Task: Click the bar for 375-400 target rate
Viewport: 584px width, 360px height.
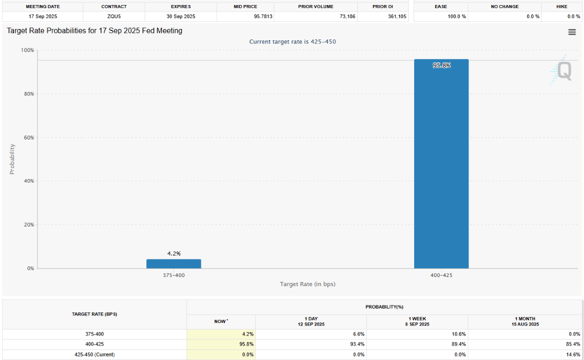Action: point(174,263)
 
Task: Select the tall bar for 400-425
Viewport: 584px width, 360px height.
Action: point(441,165)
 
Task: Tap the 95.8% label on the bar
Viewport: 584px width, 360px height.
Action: point(441,65)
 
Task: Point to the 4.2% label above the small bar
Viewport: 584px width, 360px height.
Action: point(174,253)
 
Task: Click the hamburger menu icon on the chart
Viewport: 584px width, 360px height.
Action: point(572,32)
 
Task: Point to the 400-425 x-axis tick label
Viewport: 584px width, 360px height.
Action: point(441,274)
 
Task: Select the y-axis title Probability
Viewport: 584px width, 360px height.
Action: point(12,159)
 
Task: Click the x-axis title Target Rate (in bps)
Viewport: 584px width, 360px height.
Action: point(307,284)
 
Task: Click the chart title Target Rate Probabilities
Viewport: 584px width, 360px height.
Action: point(94,31)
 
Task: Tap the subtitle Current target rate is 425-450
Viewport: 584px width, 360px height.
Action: point(292,41)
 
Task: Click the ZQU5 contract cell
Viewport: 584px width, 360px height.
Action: point(114,16)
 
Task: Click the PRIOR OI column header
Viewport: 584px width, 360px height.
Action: point(383,6)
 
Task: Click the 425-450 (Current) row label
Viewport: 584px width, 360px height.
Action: point(94,354)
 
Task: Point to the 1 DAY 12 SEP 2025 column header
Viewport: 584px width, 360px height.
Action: point(311,321)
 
